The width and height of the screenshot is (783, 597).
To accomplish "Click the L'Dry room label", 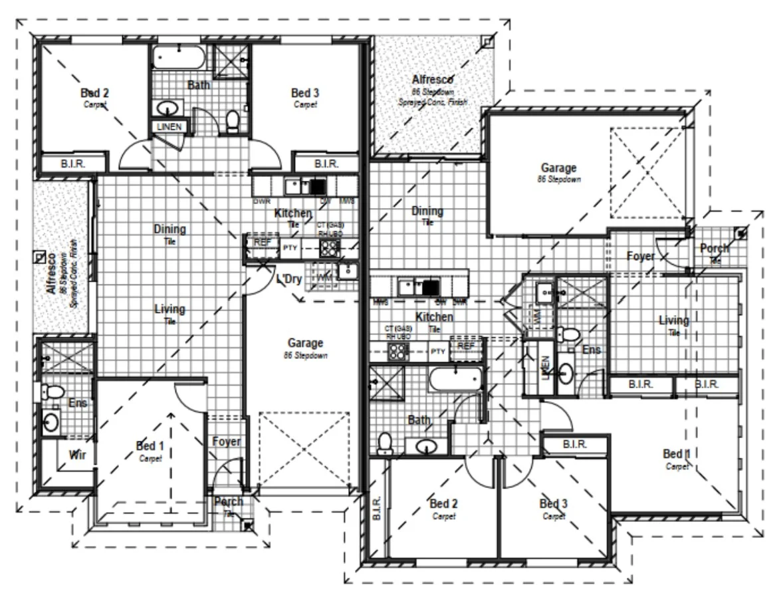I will tap(289, 280).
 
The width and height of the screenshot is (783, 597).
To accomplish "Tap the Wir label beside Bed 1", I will tap(77, 456).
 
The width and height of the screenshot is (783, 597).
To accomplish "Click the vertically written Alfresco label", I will tap(51, 273).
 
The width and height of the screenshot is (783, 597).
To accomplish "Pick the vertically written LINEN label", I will tap(545, 367).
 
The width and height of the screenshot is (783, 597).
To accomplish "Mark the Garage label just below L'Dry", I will tap(305, 344).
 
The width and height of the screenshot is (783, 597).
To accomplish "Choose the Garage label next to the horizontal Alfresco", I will tap(558, 169).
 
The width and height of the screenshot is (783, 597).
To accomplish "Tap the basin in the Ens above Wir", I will tap(51, 421).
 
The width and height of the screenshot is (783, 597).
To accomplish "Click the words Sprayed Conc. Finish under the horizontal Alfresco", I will tap(433, 102).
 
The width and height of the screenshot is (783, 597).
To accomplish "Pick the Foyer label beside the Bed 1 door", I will tap(226, 441).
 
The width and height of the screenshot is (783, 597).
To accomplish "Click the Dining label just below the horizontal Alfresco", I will tap(427, 211).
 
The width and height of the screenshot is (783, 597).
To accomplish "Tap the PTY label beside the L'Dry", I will tap(290, 248).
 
